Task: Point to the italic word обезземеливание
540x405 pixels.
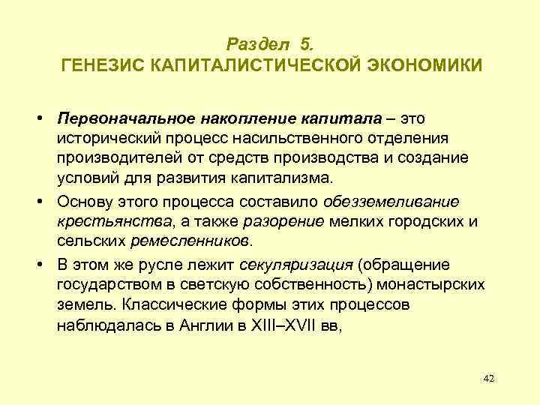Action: coord(392,201)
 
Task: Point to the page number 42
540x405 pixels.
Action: coord(488,378)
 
